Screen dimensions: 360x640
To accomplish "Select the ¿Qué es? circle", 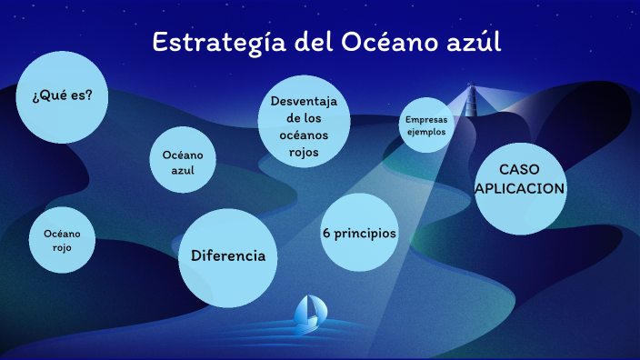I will click(x=62, y=96).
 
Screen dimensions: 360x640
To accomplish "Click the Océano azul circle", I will click(x=184, y=159).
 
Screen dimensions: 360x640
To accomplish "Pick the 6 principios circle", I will click(x=360, y=233).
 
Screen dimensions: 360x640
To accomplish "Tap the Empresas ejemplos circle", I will click(x=426, y=125).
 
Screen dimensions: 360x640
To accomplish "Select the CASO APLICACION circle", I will click(x=520, y=187).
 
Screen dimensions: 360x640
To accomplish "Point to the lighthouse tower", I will click(x=471, y=100).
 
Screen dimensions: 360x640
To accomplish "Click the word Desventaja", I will click(x=304, y=101).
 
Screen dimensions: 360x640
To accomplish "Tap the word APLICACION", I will click(x=520, y=188).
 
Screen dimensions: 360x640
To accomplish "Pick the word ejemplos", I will click(x=426, y=131).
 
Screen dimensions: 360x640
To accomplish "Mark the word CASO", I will click(x=520, y=170).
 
